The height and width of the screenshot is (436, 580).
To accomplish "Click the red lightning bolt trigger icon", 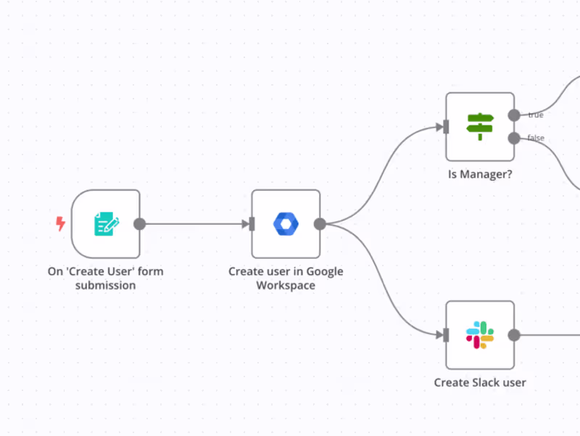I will tap(61, 223).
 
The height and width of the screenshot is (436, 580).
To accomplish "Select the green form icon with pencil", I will tap(106, 223).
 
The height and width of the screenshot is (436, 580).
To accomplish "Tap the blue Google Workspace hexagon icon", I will tap(286, 223).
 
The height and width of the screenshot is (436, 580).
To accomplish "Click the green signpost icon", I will tap(479, 126).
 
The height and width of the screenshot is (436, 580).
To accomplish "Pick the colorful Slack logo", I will tap(479, 334).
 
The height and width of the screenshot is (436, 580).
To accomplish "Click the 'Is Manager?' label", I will tap(479, 174).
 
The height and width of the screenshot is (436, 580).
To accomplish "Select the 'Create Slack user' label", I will tap(479, 382).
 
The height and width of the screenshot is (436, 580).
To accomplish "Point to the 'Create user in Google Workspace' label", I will tap(286, 279).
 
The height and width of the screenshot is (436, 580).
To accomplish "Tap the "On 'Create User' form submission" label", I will tap(106, 279).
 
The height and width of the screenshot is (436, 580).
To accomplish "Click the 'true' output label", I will tap(536, 115).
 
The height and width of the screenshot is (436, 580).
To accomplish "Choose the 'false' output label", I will tap(536, 138).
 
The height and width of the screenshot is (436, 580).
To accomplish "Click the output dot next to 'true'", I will tap(514, 115).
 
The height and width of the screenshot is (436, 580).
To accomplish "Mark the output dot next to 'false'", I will tap(514, 138).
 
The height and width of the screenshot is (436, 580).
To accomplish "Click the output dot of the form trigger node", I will tap(140, 223).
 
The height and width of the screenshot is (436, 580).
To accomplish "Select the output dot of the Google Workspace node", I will tap(320, 223).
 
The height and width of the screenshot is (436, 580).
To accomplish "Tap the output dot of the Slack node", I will tap(514, 334).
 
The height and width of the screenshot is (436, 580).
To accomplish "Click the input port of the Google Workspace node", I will tap(252, 223).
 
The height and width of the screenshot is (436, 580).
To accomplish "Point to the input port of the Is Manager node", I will tap(446, 127).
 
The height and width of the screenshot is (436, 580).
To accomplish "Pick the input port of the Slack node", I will tap(446, 334).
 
